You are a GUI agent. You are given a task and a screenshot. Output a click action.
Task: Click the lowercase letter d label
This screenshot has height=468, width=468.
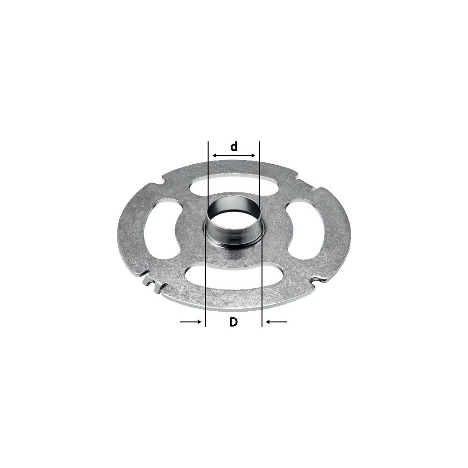[x=234, y=146]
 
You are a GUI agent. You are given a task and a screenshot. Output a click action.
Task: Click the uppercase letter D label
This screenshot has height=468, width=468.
[x=234, y=322]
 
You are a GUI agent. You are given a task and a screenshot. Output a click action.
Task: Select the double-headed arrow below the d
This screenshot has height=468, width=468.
[x=234, y=155]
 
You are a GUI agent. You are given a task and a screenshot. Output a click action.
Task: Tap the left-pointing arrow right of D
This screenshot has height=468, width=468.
[x=277, y=322]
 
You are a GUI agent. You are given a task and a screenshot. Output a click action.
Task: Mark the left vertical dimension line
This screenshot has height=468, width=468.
[x=206, y=234]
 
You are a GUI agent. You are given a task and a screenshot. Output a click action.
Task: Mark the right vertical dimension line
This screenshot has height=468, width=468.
[x=261, y=234]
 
